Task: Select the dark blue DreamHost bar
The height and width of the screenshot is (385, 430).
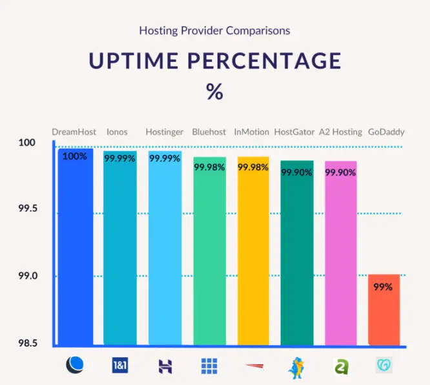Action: pyautogui.click(x=75, y=252)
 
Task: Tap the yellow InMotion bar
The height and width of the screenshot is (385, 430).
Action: pyautogui.click(x=253, y=258)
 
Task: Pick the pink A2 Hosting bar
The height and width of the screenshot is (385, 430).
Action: pyautogui.click(x=340, y=258)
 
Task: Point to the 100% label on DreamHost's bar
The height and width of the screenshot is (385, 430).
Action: pyautogui.click(x=75, y=156)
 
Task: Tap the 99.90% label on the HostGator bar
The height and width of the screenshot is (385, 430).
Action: pyautogui.click(x=296, y=172)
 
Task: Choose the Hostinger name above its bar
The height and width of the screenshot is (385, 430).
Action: pyautogui.click(x=164, y=132)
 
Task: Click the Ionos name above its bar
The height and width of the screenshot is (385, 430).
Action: pyautogui.click(x=118, y=132)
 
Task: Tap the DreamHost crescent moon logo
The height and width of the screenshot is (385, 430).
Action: pyautogui.click(x=75, y=366)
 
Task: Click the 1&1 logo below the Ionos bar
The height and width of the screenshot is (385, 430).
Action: pyautogui.click(x=119, y=366)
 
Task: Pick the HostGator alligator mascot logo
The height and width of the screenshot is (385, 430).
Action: pyautogui.click(x=296, y=366)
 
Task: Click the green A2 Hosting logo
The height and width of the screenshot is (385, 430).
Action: pyautogui.click(x=340, y=367)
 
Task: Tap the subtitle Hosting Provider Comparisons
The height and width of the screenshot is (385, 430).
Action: pyautogui.click(x=214, y=30)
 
